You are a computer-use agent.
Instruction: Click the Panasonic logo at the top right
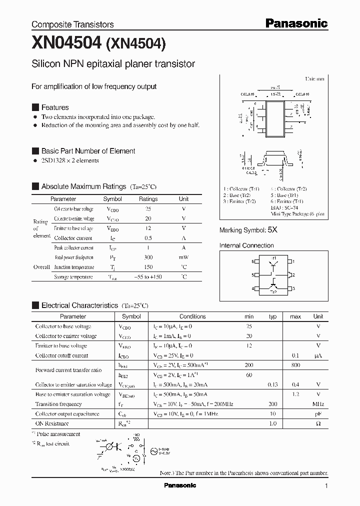296,23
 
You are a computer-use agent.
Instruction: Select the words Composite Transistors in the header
72,24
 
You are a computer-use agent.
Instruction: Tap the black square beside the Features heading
35,107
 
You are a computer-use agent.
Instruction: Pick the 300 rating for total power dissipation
148,257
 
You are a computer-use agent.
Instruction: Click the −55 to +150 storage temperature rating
148,276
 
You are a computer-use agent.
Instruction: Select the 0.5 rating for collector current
148,238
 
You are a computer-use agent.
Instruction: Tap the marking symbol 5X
272,230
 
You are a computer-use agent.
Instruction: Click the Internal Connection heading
246,245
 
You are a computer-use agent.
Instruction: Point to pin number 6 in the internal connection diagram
253,261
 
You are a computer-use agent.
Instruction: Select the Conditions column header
192,316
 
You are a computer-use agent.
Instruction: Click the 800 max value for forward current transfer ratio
295,365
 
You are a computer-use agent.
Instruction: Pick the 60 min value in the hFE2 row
248,375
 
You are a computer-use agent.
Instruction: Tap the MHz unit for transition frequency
318,404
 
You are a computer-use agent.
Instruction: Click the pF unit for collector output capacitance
318,413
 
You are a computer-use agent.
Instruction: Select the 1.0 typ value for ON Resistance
272,423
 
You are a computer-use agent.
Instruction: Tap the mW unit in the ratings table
183,257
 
